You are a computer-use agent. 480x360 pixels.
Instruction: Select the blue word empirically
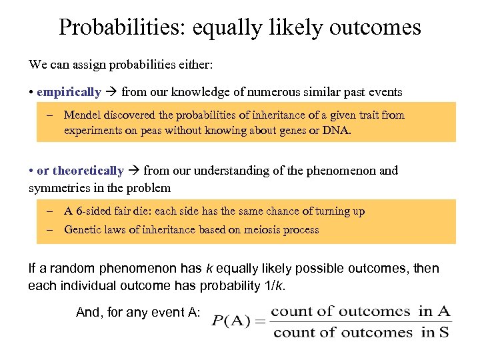coord(69,92)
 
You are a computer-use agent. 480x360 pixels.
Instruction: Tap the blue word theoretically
coord(88,171)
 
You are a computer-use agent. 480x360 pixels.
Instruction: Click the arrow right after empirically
coord(111,92)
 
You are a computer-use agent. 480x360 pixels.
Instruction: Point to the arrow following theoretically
coord(134,171)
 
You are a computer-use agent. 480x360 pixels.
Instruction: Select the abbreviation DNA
coord(335,131)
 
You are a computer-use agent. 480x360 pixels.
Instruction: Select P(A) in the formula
coord(231,321)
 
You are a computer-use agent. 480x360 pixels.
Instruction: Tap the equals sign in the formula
coord(260,321)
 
